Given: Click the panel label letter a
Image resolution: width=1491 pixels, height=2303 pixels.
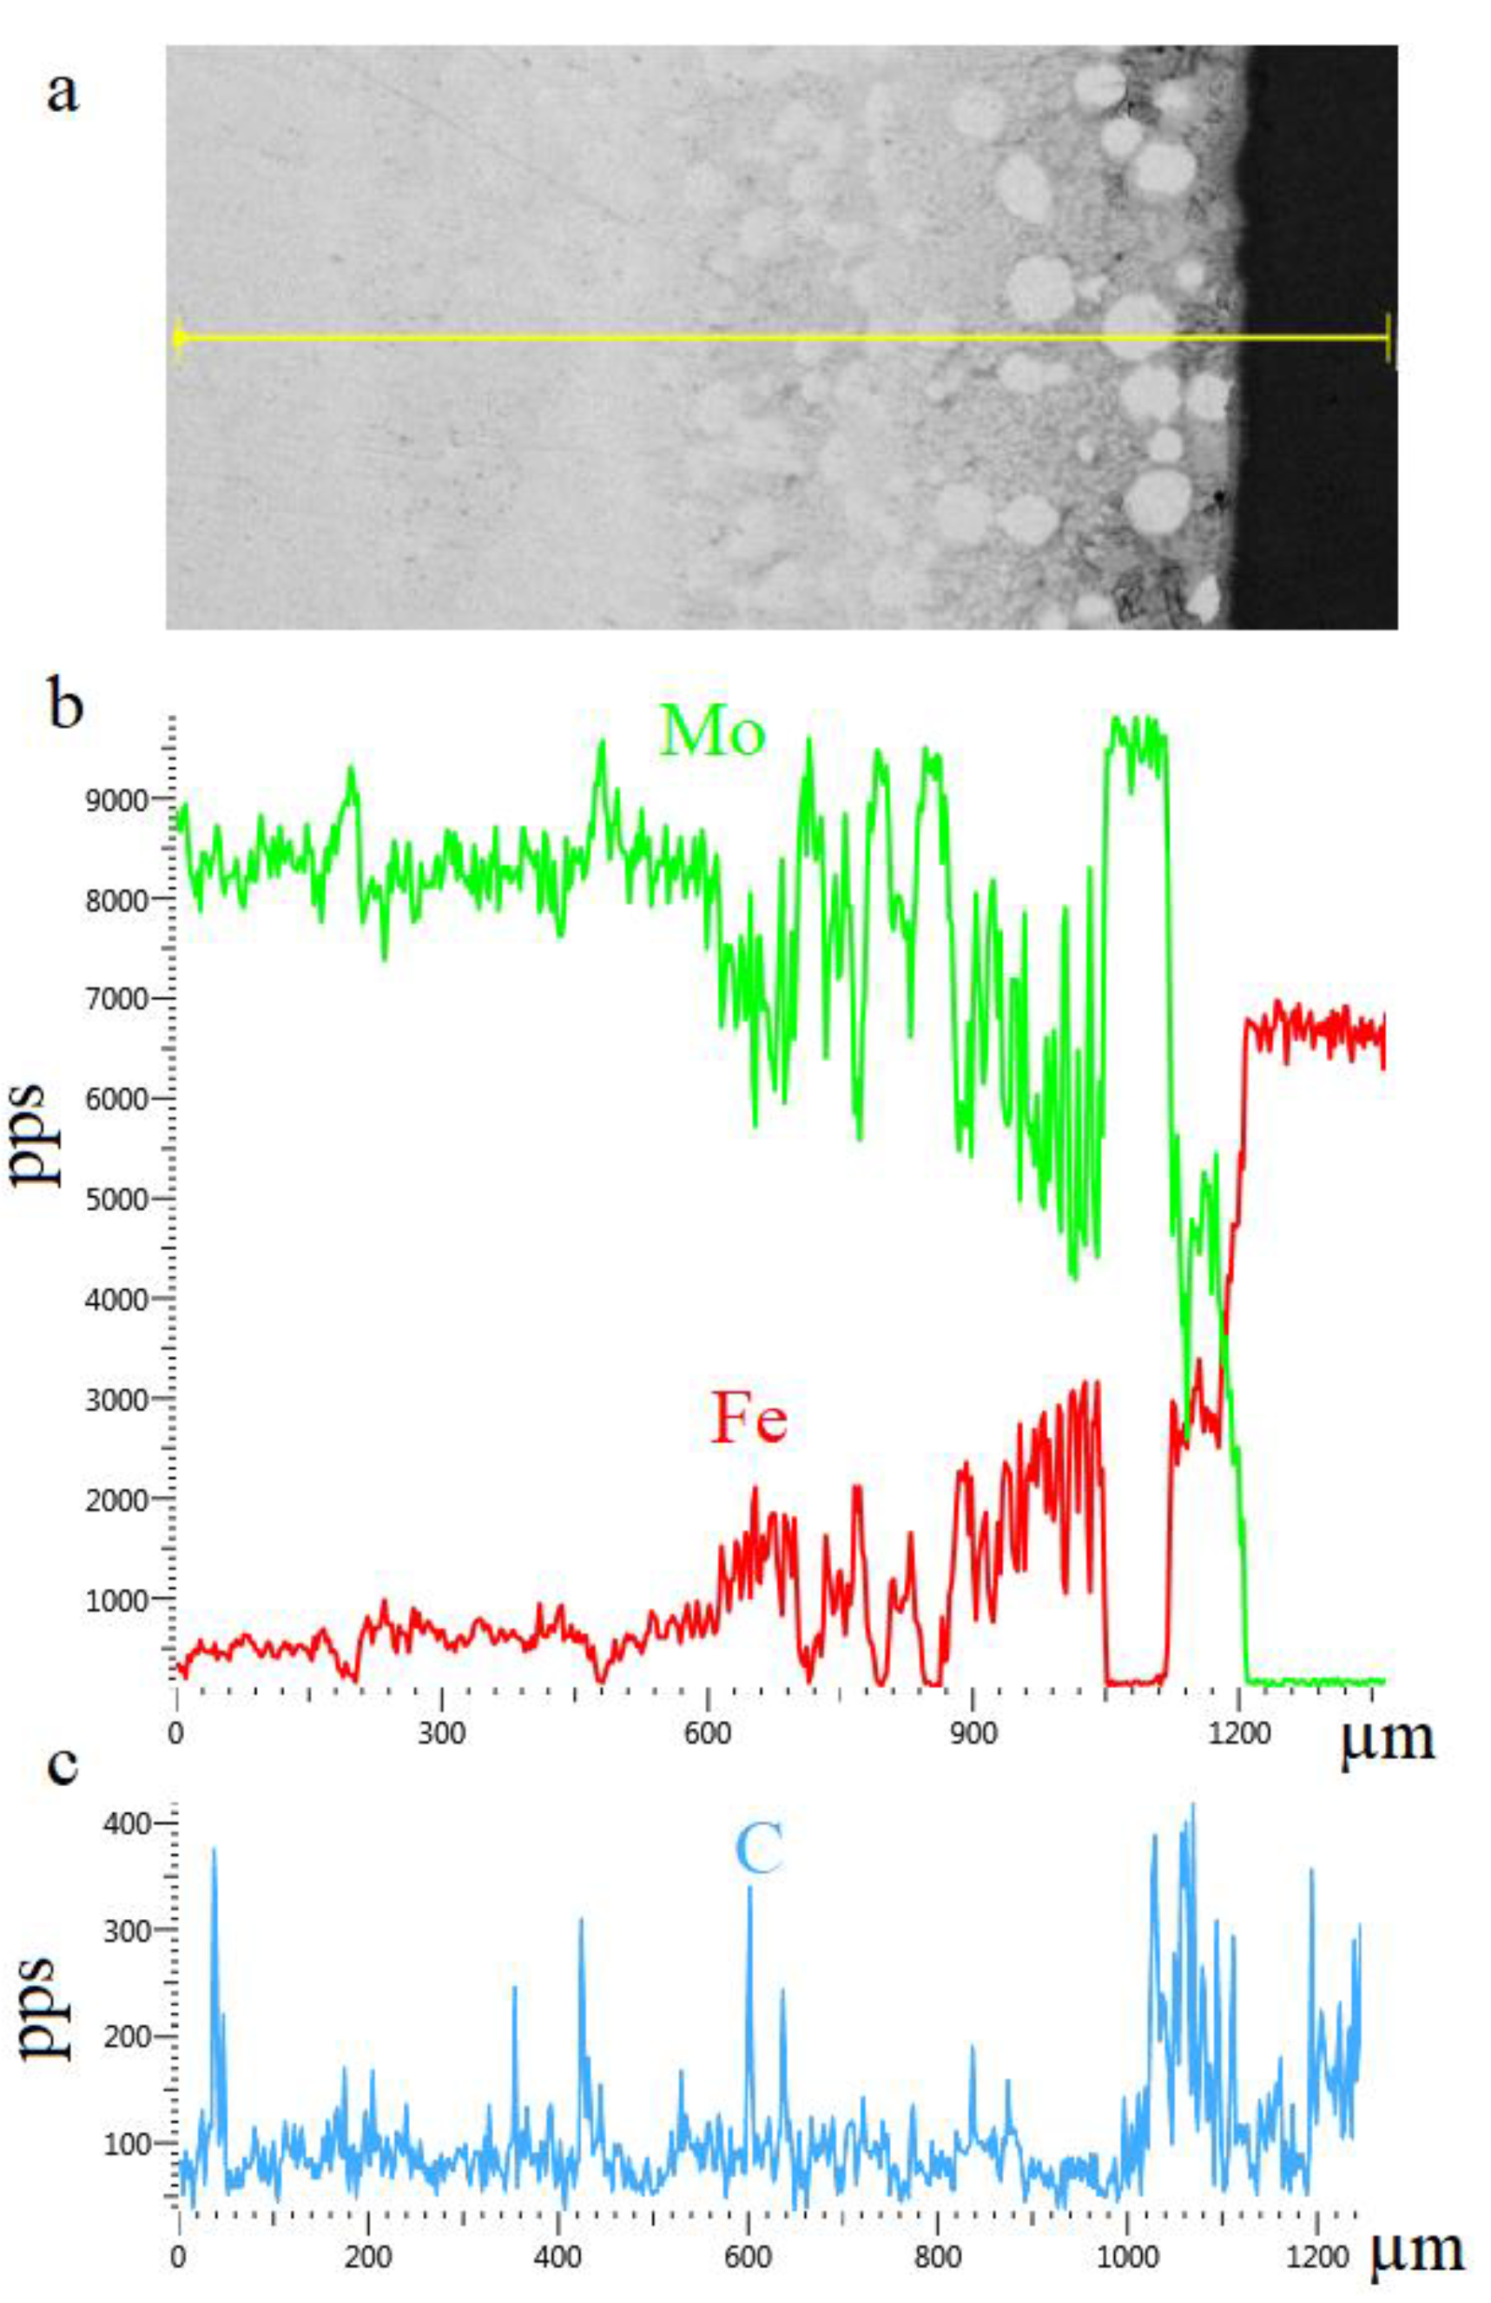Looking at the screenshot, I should [62, 93].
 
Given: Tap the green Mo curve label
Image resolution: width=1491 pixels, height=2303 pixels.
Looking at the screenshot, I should [713, 732].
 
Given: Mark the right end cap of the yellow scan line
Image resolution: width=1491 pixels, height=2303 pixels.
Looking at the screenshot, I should [1389, 338].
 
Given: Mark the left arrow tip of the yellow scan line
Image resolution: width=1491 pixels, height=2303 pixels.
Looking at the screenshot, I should [177, 338].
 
